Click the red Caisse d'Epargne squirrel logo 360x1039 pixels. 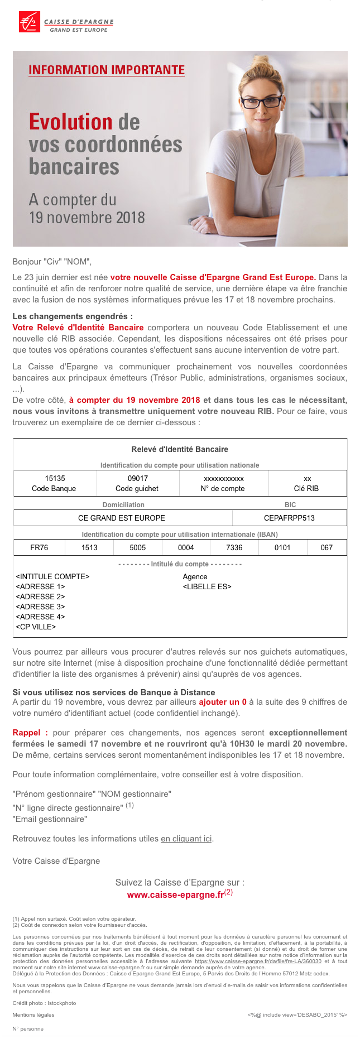tap(30, 22)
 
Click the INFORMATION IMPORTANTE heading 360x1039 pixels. tap(107, 70)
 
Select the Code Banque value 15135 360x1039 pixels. tap(55, 478)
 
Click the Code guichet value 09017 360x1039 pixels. tap(137, 478)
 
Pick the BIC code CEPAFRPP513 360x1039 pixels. tap(289, 518)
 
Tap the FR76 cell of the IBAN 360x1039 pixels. tap(39, 547)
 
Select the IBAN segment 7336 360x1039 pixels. tap(234, 547)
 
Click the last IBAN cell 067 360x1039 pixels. tap(327, 547)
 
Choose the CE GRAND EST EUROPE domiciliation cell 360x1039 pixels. tap(122, 518)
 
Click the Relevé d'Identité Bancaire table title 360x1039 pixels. tap(180, 449)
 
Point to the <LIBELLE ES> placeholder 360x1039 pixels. tap(207, 586)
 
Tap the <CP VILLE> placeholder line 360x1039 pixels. tap(36, 627)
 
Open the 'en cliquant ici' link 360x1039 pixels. tap(186, 839)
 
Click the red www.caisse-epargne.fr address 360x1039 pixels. tap(175, 895)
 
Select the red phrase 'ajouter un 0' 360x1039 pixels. tap(222, 702)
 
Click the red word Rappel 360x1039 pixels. tap(27, 733)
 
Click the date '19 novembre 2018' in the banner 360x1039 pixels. tap(87, 218)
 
